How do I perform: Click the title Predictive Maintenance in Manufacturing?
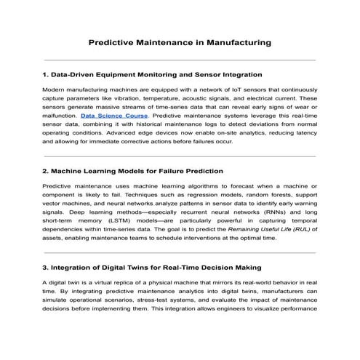tap(180, 43)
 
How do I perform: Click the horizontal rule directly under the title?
tap(180, 60)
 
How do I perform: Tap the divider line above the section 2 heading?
tap(180, 156)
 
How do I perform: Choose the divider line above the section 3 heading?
tap(180, 252)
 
